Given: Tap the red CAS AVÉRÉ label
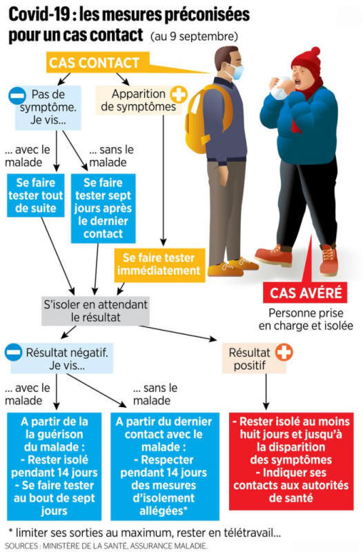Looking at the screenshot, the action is tap(305, 293).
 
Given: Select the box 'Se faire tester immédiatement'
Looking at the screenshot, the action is tap(159, 264).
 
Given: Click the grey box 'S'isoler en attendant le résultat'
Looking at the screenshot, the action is tap(95, 311).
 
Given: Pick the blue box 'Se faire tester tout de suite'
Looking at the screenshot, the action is tap(36, 195).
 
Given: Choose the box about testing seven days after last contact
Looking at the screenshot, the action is tap(103, 208).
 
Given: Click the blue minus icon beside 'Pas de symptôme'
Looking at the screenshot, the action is tap(17, 96).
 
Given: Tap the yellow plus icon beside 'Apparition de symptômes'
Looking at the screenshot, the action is tap(179, 95).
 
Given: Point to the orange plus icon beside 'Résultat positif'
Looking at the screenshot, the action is tap(284, 353).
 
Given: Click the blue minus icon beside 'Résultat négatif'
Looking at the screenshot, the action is tap(14, 353).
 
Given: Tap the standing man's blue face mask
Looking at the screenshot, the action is tap(235, 72).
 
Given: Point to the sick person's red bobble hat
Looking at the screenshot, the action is tap(307, 61).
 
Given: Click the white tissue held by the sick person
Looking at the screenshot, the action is tap(280, 88).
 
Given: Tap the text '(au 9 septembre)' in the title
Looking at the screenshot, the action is tap(194, 37).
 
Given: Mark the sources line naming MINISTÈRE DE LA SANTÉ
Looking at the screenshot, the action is tap(106, 546).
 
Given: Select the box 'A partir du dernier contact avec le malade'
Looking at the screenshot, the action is tap(165, 466).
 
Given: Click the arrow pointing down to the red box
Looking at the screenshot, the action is tap(266, 392).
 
